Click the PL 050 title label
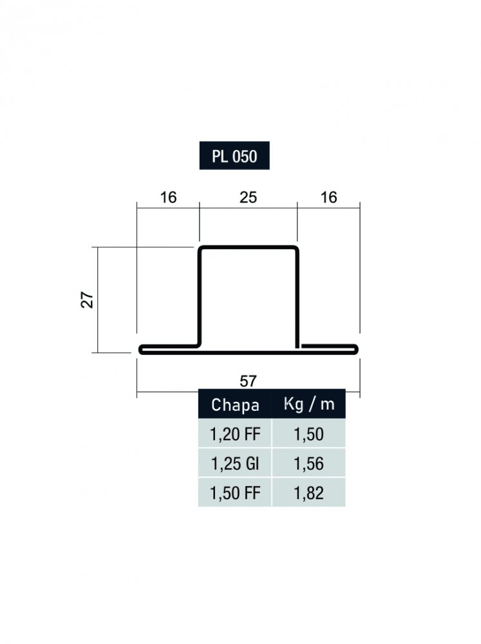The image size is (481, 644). [234, 156]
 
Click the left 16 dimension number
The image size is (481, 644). [168, 198]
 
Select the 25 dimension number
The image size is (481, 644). [248, 198]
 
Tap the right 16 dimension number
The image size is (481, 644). [328, 198]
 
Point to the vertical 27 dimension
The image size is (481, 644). [88, 300]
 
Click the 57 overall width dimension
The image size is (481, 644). [248, 381]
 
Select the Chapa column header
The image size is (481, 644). [235, 404]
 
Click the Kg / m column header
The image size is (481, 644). [309, 404]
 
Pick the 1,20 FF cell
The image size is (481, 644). [235, 433]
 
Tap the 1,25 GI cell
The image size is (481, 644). [235, 463]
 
